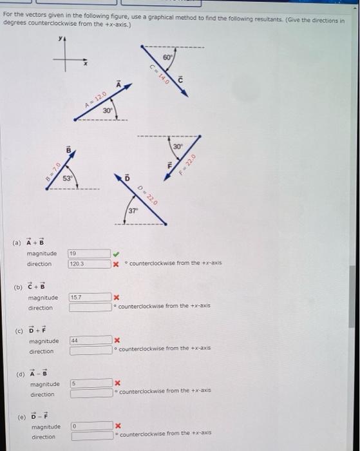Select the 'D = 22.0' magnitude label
(147, 194)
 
